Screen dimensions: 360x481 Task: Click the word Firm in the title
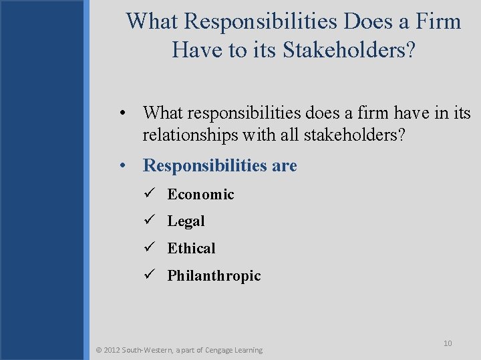(x=438, y=21)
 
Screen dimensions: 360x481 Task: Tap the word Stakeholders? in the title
(x=351, y=49)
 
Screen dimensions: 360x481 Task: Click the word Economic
(x=200, y=195)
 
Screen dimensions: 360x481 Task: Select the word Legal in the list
(x=186, y=221)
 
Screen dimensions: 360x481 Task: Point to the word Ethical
(x=191, y=249)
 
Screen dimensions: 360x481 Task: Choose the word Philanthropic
(x=214, y=276)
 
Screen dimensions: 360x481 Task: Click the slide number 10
(x=448, y=343)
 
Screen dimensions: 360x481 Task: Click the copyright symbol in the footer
(x=99, y=350)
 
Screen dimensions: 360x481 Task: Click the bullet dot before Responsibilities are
(x=124, y=165)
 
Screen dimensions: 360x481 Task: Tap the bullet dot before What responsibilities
(x=124, y=113)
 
